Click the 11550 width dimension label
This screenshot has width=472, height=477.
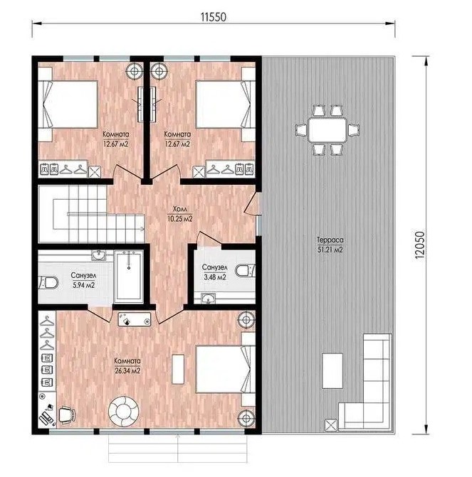(214, 17)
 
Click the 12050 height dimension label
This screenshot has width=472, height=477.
(419, 245)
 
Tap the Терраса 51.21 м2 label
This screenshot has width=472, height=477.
(330, 245)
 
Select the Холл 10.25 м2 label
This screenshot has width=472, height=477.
(180, 213)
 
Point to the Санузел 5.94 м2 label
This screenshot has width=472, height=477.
(83, 280)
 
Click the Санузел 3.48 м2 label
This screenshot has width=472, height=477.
(214, 272)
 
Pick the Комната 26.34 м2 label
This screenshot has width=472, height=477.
(127, 365)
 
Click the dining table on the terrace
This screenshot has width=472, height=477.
(327, 130)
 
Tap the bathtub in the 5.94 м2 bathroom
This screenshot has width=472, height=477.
(129, 277)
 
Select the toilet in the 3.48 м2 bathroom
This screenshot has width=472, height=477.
(245, 270)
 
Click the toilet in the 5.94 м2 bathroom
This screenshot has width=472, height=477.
(48, 283)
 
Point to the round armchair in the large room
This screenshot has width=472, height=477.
(124, 412)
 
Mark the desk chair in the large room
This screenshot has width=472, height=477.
(67, 415)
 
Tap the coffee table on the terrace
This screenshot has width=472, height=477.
(332, 370)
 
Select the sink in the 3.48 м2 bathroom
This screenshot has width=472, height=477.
(208, 299)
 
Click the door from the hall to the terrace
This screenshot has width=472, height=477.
(252, 203)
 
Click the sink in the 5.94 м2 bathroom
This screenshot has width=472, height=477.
(99, 255)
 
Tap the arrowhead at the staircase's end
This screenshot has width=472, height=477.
(142, 229)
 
